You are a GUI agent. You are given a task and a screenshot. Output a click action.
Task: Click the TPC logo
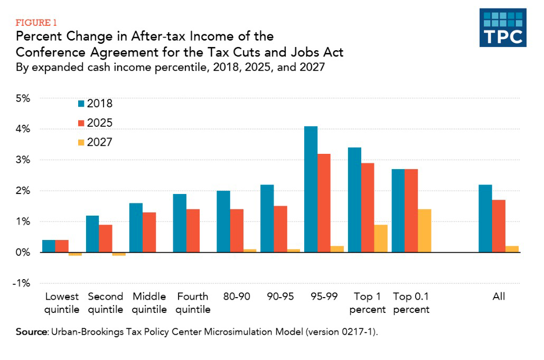502,27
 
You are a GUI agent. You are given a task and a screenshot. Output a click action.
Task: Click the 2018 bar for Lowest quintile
49,246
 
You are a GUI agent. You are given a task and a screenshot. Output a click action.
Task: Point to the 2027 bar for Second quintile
119,254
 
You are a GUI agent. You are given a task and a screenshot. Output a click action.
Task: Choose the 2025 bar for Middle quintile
149,232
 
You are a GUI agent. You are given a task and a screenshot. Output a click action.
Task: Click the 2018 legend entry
95,104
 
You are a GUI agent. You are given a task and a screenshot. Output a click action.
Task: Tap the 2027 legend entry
95,142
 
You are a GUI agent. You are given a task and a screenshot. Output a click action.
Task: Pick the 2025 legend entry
95,123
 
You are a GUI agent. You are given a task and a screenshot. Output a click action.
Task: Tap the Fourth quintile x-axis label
193,302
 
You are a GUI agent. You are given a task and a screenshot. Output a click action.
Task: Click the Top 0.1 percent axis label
411,302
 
